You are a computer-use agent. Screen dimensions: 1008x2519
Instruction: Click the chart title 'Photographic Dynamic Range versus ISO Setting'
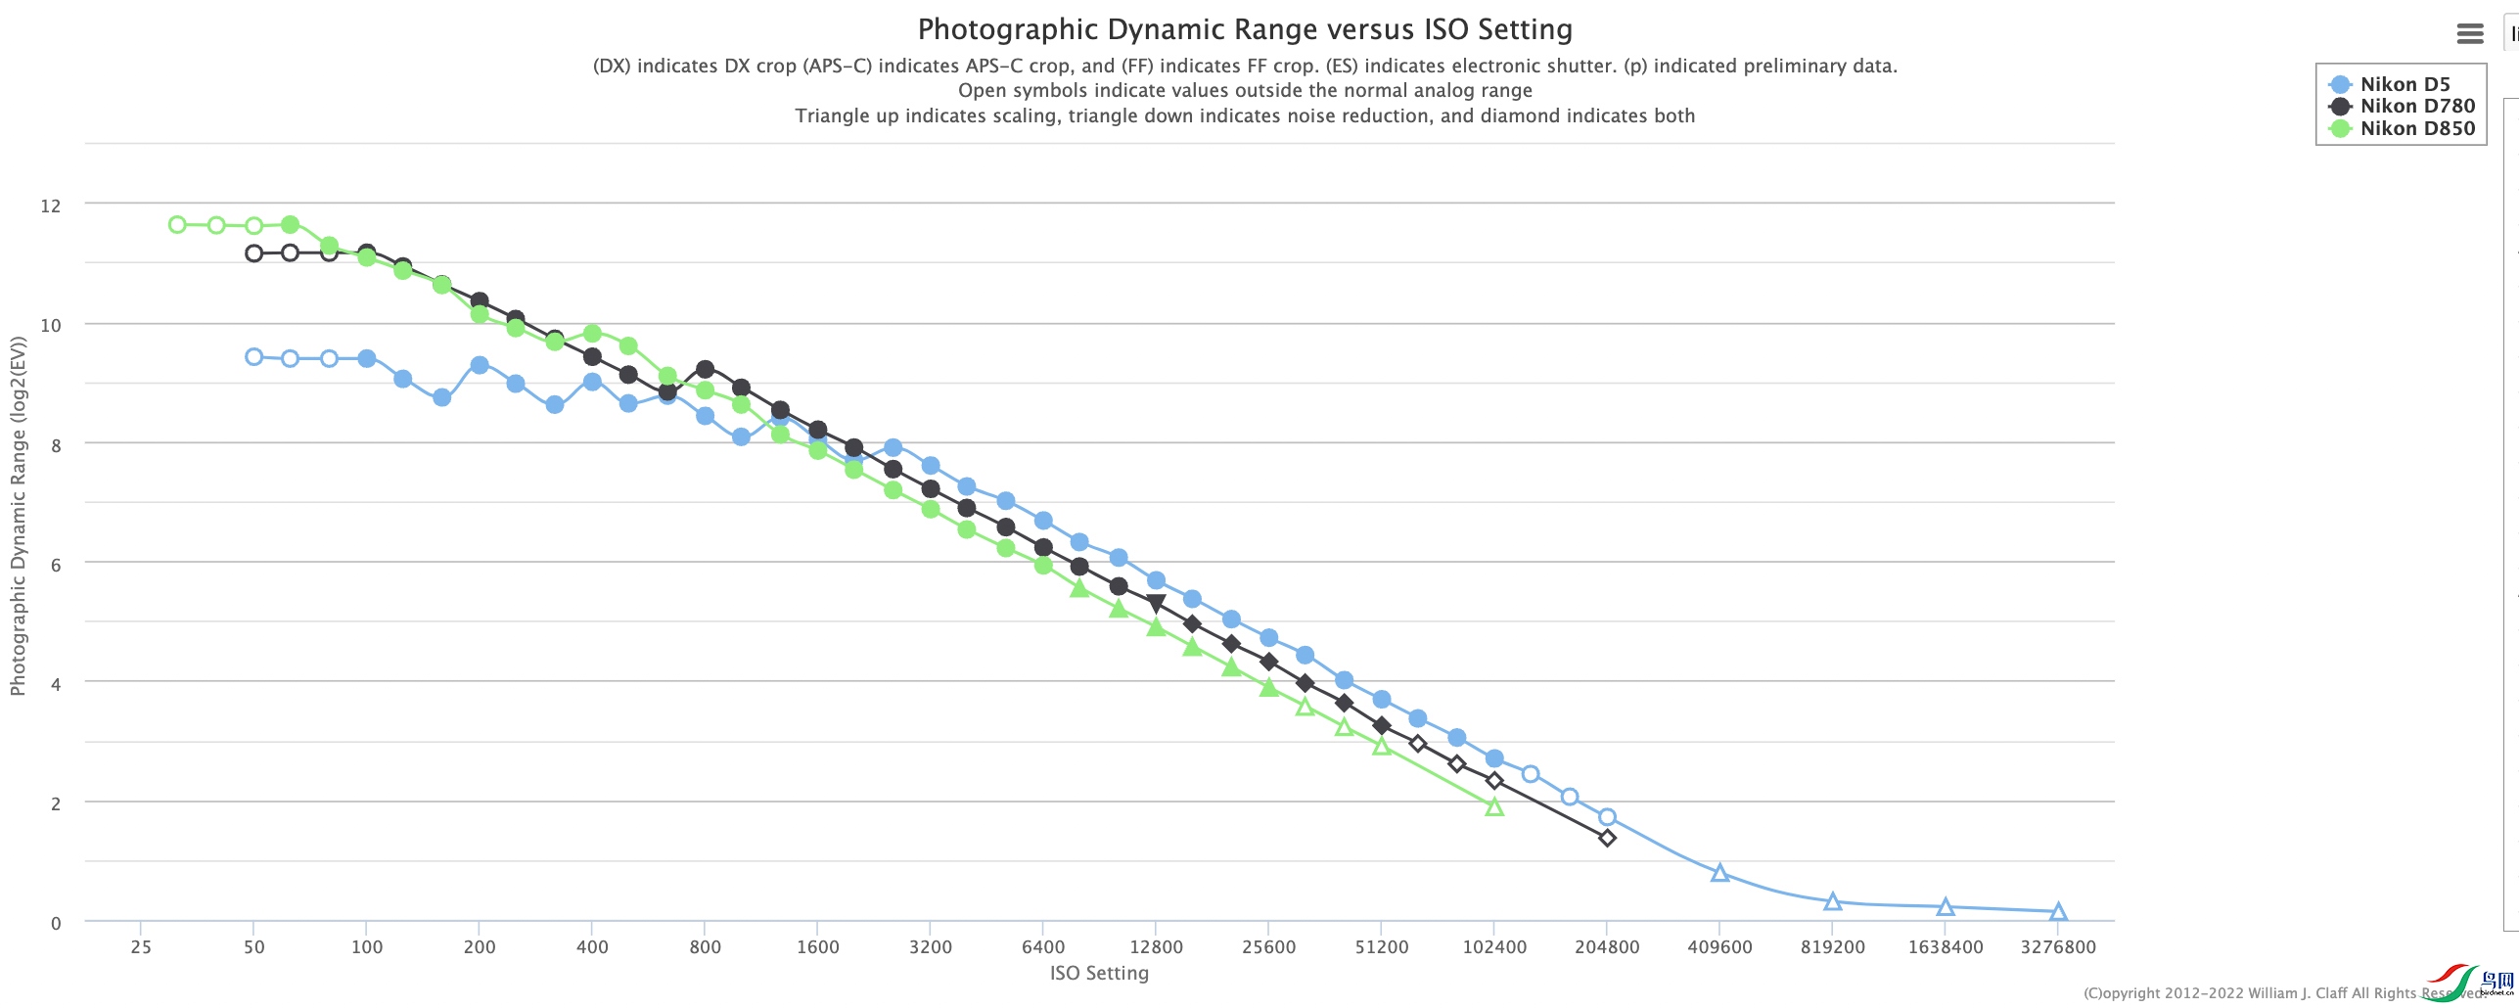[1244, 30]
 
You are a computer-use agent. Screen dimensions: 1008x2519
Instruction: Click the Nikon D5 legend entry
[2404, 84]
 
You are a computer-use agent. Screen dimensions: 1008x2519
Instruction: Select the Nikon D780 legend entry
[2415, 106]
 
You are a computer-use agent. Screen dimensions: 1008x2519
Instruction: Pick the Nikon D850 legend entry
[2415, 128]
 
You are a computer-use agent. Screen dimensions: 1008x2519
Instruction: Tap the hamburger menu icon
[2469, 34]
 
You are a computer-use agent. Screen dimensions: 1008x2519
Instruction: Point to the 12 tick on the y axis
[50, 206]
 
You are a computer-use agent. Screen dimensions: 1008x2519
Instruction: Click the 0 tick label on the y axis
[56, 923]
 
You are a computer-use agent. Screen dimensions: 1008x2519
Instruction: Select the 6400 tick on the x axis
[1042, 947]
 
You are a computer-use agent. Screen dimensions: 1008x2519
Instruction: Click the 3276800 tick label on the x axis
[2057, 947]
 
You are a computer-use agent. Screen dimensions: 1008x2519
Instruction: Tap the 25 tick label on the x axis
[141, 947]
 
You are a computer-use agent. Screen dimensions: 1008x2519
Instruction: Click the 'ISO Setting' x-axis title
[1099, 974]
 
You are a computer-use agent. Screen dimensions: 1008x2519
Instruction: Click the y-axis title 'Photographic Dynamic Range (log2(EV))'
[18, 516]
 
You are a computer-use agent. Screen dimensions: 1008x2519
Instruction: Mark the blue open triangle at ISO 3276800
[2058, 912]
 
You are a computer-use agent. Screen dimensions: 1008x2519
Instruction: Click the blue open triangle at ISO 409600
[1719, 873]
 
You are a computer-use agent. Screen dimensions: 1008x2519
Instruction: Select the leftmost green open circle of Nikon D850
[177, 225]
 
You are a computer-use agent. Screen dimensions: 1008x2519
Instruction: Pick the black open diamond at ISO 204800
[1607, 838]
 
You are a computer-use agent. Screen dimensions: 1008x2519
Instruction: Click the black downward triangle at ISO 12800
[1156, 603]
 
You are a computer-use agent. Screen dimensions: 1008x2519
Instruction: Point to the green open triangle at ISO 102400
[1494, 807]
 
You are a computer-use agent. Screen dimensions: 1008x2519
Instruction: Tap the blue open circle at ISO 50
[254, 357]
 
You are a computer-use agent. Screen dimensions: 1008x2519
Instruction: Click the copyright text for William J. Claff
[2280, 993]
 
